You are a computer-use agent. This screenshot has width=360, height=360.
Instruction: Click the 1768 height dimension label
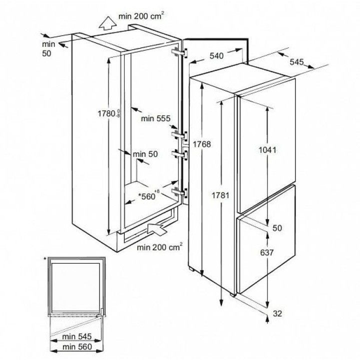point(202,144)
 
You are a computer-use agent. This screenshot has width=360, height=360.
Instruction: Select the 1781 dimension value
point(220,195)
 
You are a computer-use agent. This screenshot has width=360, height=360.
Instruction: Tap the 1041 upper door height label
point(267,150)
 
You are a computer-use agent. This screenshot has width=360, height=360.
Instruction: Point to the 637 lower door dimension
point(267,252)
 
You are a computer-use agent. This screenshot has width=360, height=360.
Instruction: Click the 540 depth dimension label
point(216,56)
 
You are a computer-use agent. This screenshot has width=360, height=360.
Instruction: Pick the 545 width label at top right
point(296,62)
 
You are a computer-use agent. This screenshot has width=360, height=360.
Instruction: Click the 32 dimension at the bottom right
point(277,313)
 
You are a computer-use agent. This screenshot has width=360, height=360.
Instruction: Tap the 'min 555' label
point(155,118)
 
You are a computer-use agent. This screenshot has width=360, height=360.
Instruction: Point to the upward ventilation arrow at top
point(107,23)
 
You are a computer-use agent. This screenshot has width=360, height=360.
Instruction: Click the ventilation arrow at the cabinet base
point(157,228)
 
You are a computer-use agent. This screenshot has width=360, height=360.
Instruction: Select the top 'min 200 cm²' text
point(141,16)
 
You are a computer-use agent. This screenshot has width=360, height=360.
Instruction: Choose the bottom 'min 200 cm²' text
point(159,247)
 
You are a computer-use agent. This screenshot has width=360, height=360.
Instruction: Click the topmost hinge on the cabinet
point(179,52)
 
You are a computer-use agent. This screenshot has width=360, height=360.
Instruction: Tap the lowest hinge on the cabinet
point(179,192)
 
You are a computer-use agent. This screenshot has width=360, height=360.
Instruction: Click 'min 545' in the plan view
point(77,336)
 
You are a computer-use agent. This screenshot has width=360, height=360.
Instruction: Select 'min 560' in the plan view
point(77,346)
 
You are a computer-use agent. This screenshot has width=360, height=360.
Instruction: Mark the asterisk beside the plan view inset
point(45,259)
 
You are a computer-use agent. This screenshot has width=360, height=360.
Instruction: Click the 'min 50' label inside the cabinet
point(145,154)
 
